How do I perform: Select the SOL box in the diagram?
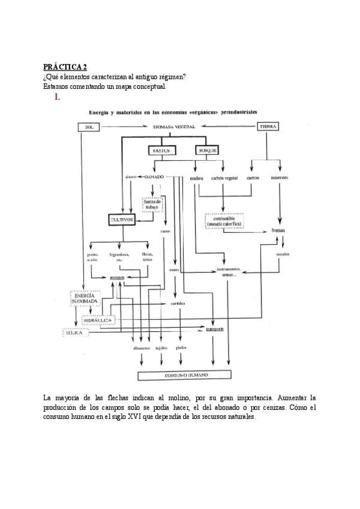[x=89, y=127]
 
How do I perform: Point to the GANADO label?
[x=154, y=177]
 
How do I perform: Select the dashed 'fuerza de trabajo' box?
[x=152, y=205]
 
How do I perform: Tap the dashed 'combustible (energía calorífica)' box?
[x=223, y=221]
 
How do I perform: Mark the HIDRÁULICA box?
[x=98, y=321]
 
